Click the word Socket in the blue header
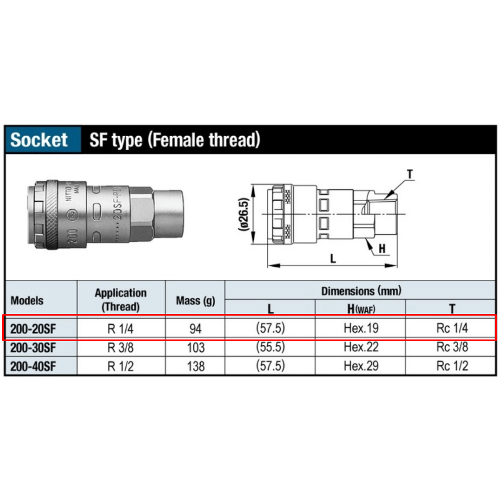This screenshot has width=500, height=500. coord(39,140)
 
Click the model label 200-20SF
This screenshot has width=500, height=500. coord(33,329)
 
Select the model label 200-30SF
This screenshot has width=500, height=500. coord(33,348)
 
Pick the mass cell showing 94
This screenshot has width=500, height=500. coord(195,329)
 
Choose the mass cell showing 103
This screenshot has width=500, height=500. coord(195,348)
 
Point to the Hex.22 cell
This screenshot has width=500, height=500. coord(361,347)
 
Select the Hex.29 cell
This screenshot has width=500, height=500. coord(361,366)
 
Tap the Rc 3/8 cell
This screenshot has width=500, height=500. coord(452,347)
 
